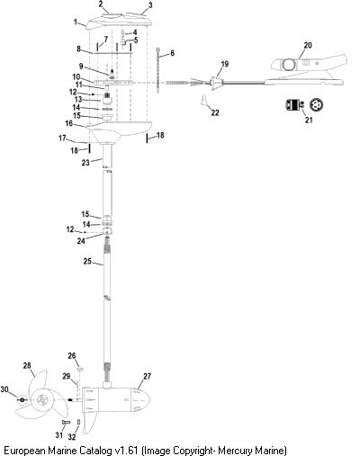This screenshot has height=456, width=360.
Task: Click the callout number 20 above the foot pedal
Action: pyautogui.click(x=308, y=45)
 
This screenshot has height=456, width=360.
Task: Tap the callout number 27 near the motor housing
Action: pyautogui.click(x=147, y=376)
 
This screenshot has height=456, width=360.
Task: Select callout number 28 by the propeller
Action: pyautogui.click(x=27, y=365)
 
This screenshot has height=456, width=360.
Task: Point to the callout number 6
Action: pyautogui.click(x=172, y=53)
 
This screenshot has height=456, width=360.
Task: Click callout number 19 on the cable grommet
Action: pyautogui.click(x=225, y=64)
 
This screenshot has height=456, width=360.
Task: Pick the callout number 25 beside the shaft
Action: pyautogui.click(x=87, y=262)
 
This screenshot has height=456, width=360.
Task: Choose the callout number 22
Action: pyautogui.click(x=215, y=112)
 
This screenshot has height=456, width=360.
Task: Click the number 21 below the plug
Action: pyautogui.click(x=309, y=120)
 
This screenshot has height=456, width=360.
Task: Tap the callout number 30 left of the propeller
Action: pyautogui.click(x=4, y=389)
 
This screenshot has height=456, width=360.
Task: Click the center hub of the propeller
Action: pyautogui.click(x=41, y=400)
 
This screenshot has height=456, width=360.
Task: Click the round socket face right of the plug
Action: pyautogui.click(x=316, y=104)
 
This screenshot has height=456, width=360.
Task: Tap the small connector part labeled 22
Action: pyautogui.click(x=204, y=100)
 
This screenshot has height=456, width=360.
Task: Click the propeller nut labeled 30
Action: pyautogui.click(x=22, y=400)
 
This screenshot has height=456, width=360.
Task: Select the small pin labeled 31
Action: pyautogui.click(x=66, y=422)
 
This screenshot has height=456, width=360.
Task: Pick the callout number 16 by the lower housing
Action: pyautogui.click(x=69, y=123)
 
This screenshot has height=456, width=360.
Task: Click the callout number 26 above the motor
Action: pyautogui.click(x=72, y=356)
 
